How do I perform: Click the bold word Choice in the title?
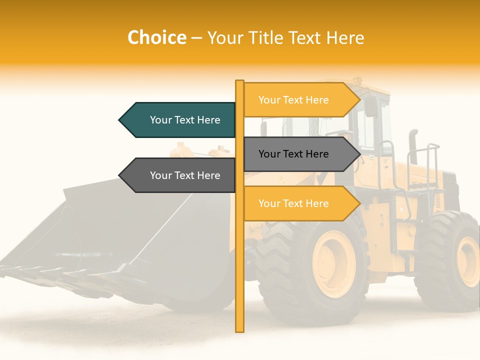click(156, 37)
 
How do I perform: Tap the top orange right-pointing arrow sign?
click(300, 100)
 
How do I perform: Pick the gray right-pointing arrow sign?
click(300, 154)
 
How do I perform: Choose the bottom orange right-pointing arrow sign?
click(300, 203)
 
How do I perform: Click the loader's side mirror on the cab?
click(371, 106)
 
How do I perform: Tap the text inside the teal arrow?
click(185, 120)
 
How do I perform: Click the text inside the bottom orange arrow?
click(293, 203)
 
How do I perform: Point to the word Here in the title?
click(345, 37)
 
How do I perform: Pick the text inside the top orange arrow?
click(293, 100)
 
